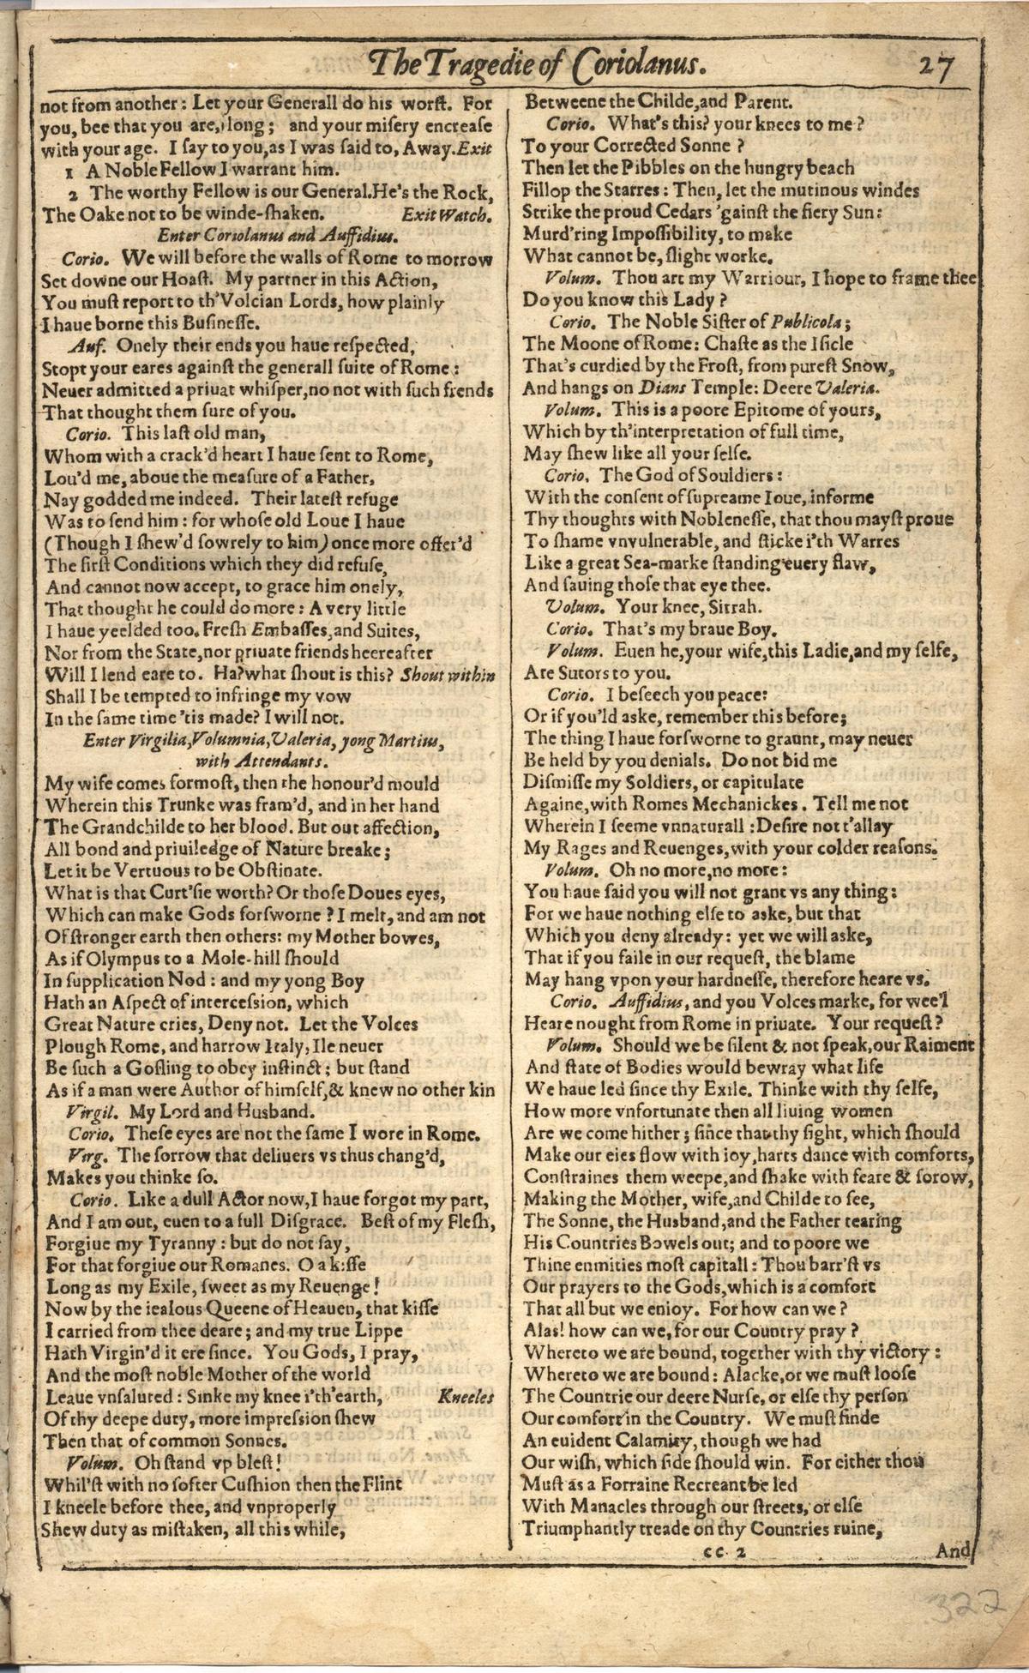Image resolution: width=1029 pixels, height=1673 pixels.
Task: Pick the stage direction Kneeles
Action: [x=466, y=1397]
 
